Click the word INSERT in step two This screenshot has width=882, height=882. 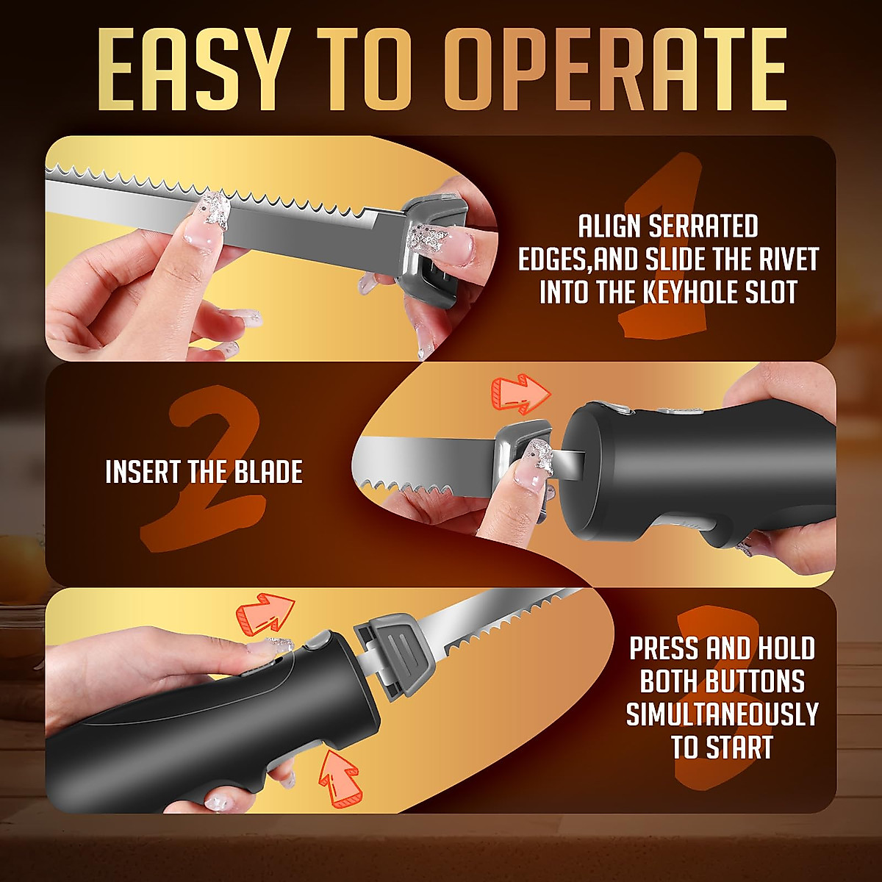[144, 472]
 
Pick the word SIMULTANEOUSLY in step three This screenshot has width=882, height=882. [722, 714]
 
